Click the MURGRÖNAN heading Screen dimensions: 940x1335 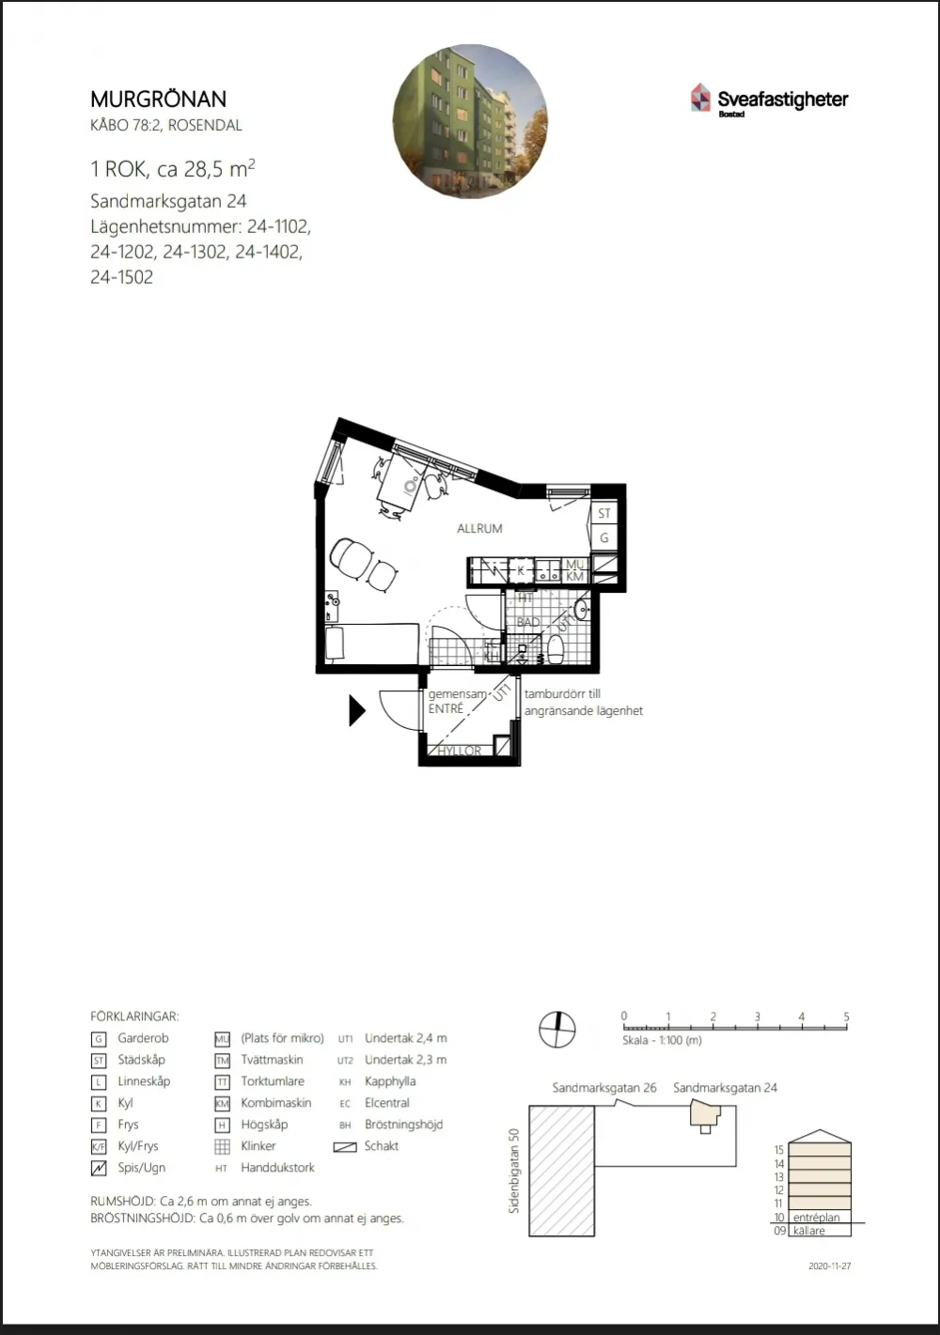click(158, 100)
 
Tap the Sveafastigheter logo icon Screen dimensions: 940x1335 click(700, 97)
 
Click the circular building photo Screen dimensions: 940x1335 click(470, 121)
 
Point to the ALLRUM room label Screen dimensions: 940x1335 click(479, 528)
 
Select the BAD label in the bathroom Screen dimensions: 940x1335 click(528, 622)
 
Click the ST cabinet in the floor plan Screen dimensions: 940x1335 click(604, 513)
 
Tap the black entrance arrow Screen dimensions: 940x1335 click(356, 710)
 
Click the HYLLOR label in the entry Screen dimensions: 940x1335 click(460, 751)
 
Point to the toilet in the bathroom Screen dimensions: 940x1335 click(556, 649)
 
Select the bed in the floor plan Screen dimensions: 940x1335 click(371, 643)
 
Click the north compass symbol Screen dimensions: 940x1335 click(557, 1030)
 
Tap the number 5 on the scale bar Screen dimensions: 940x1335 click(846, 1017)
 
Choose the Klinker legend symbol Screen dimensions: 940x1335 click(222, 1146)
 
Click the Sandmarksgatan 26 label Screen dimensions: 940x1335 click(604, 1088)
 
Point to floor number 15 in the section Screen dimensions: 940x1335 click(778, 1150)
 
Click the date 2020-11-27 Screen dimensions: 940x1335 click(830, 1265)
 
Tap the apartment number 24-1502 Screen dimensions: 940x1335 click(121, 277)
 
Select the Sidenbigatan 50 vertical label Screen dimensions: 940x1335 click(513, 1171)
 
